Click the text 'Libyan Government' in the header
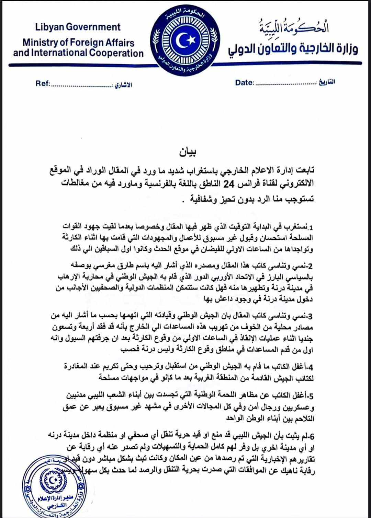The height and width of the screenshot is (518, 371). [78, 27]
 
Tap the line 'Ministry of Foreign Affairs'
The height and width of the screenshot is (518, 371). [78, 43]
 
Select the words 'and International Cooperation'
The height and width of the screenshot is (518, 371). [78, 53]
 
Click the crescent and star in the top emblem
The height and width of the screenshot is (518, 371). [185, 40]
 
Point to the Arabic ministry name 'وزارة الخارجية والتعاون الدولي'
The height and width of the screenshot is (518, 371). [293, 49]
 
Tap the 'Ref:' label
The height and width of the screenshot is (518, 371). [43, 83]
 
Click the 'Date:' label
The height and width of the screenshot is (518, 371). [244, 83]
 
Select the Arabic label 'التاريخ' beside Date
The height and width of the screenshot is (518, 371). [327, 82]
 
